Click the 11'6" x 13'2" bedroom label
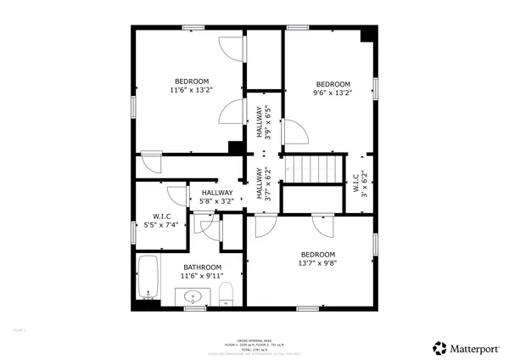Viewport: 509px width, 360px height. tap(191, 86)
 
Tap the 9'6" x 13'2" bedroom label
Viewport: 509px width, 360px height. tap(333, 88)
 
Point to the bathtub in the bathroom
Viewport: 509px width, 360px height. tap(148, 278)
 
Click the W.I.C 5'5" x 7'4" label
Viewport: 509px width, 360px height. tap(163, 222)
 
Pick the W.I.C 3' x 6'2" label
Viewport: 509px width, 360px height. tap(359, 183)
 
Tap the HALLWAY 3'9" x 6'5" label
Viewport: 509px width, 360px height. tap(263, 122)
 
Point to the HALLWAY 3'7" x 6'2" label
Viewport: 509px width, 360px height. tap(263, 183)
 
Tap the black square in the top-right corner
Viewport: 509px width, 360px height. tap(367, 35)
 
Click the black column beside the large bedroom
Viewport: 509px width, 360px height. tap(235, 147)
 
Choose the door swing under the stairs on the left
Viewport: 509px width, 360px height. tap(263, 225)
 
